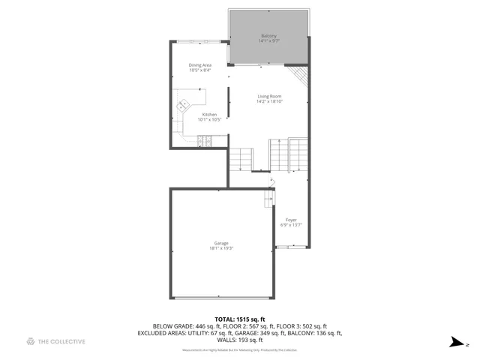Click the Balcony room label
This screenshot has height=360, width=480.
coord(268,36)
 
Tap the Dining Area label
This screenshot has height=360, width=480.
coord(199,65)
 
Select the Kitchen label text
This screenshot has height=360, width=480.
coord(208,115)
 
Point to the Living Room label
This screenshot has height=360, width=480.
coord(268,96)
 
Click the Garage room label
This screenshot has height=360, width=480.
coord(221,243)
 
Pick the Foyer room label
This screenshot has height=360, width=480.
coord(291,220)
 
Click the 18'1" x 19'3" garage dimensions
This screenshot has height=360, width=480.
coord(221,248)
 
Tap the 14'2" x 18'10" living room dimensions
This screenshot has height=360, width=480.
coord(268,101)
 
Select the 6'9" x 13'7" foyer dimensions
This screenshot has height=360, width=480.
coord(291,225)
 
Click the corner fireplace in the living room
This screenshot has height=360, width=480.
coord(299,74)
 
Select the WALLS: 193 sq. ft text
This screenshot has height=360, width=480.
coord(239,340)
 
